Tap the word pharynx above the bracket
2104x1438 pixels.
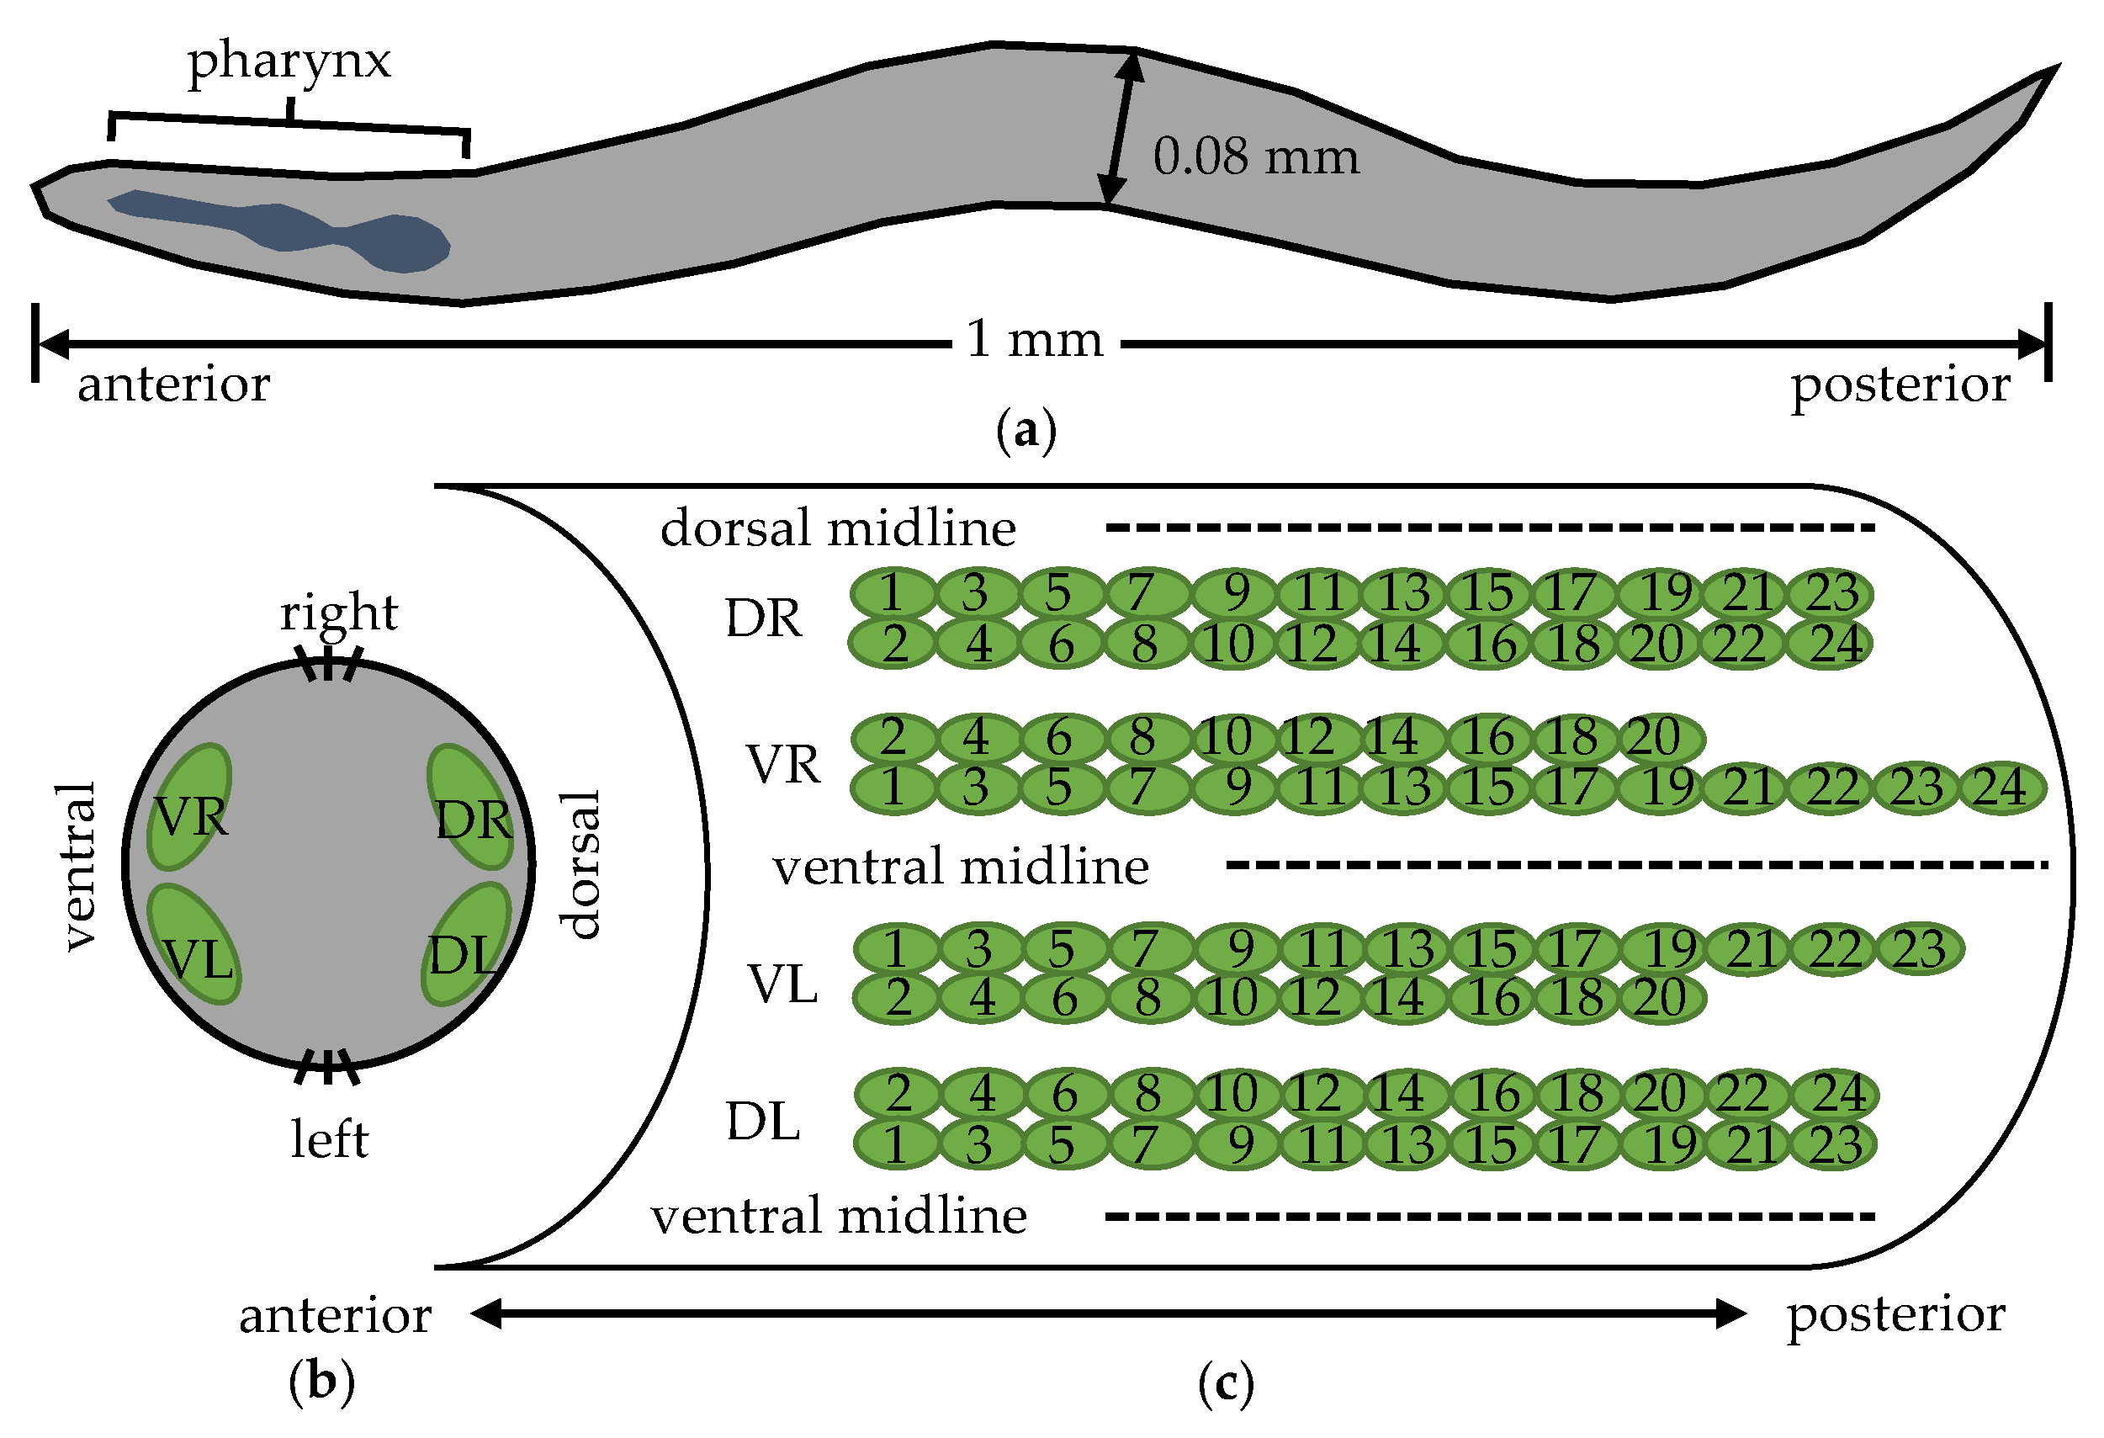[x=289, y=61]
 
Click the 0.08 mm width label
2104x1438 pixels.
[x=1256, y=157]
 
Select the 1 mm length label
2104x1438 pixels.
[x=1035, y=340]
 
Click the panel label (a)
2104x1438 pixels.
[x=1025, y=431]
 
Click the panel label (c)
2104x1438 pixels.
[x=1226, y=1382]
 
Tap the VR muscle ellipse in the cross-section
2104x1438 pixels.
[x=189, y=807]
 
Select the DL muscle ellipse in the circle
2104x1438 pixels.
[x=466, y=944]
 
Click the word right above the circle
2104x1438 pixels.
[x=338, y=613]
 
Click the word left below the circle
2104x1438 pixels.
[x=329, y=1139]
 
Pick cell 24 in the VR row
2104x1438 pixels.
[x=2001, y=788]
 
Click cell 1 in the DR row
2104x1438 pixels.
[x=892, y=593]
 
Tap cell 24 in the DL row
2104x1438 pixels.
[x=1838, y=1094]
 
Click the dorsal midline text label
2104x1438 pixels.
[x=837, y=528]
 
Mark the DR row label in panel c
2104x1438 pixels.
[x=763, y=619]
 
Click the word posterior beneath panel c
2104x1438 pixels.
[x=1895, y=1314]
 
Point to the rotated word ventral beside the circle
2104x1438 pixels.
[x=80, y=867]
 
